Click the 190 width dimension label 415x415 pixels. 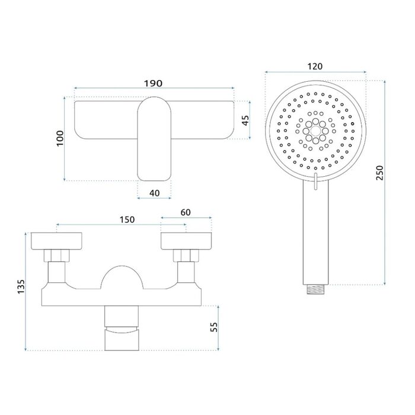point(153,84)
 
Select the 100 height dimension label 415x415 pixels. point(60,138)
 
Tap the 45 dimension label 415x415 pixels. point(245,120)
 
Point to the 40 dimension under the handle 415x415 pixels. point(155,193)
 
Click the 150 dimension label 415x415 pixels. point(127,219)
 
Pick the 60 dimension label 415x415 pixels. point(186,212)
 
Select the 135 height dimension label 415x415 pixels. point(21,286)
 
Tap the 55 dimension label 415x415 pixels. point(214,327)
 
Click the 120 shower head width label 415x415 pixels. point(315,66)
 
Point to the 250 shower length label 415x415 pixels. point(379,173)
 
